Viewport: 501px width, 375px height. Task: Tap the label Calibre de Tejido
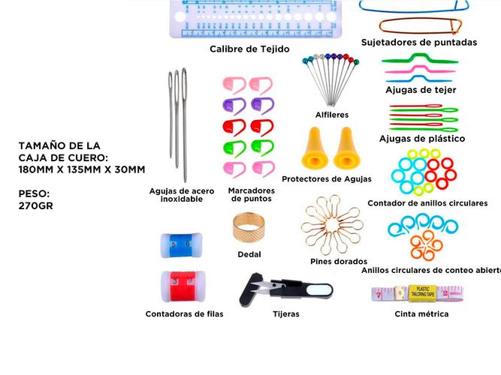coord(249,49)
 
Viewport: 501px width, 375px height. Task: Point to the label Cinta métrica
coord(421,314)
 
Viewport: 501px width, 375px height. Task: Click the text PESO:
coord(34,193)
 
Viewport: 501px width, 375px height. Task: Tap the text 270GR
coord(36,205)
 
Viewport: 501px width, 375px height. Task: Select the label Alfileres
coord(331,115)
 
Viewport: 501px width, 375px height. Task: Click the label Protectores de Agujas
coord(326,179)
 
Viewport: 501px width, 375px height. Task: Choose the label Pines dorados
coord(339,262)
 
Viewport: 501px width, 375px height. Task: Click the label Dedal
coord(249,254)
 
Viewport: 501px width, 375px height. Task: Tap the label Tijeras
coord(285,314)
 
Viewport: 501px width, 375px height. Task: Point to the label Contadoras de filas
coord(184,314)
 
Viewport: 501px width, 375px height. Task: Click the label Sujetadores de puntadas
coord(418,43)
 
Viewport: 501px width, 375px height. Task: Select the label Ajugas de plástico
coord(421,139)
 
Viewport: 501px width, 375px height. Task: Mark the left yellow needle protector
coord(312,147)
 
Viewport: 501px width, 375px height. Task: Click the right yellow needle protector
coord(346,147)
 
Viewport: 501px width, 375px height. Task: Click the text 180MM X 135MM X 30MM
coord(82,170)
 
